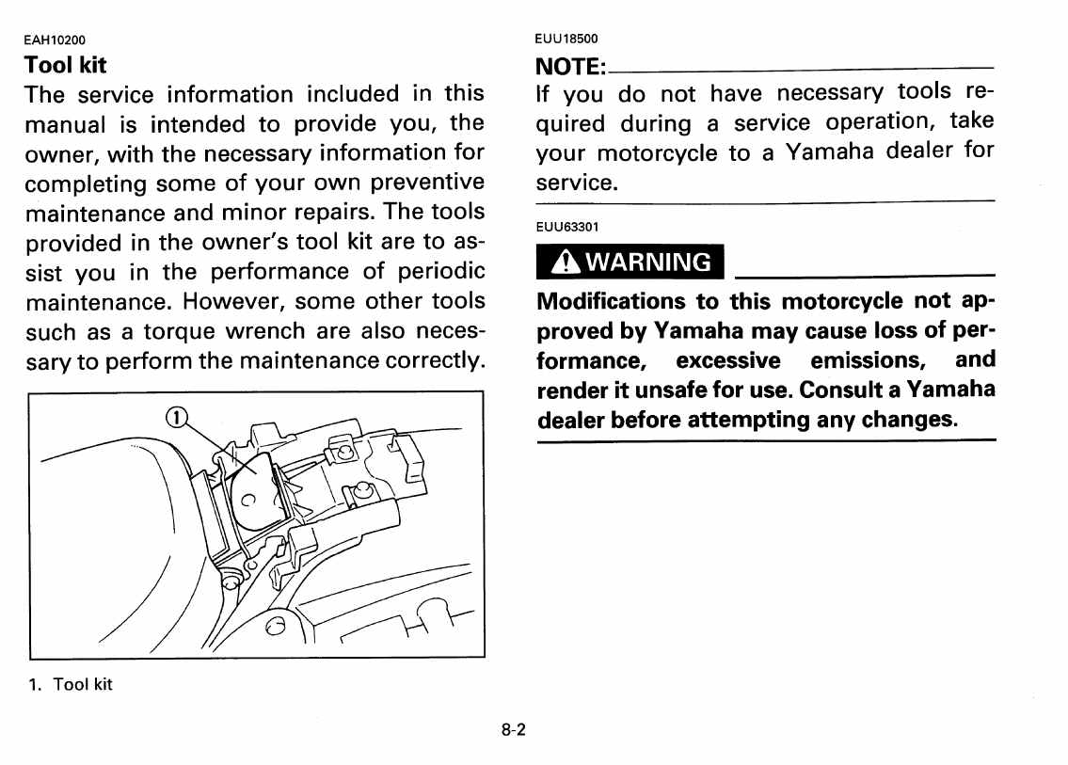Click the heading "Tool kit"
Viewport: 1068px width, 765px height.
pos(65,66)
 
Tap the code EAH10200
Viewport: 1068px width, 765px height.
pos(54,40)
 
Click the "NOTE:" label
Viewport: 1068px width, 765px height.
pos(570,68)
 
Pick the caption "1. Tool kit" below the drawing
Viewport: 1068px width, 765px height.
pos(70,684)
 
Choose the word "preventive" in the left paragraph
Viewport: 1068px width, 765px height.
pos(428,181)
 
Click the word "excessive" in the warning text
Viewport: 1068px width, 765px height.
pos(728,360)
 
